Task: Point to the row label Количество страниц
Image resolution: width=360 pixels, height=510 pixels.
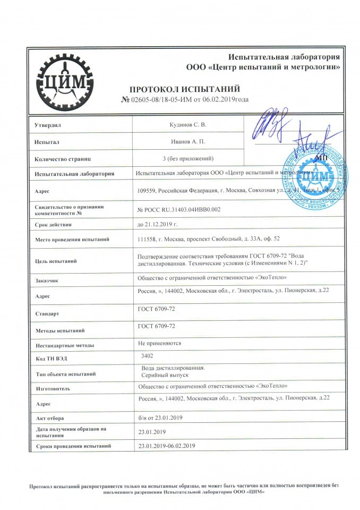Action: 63,158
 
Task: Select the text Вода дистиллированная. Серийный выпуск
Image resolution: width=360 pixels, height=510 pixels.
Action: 172,371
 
